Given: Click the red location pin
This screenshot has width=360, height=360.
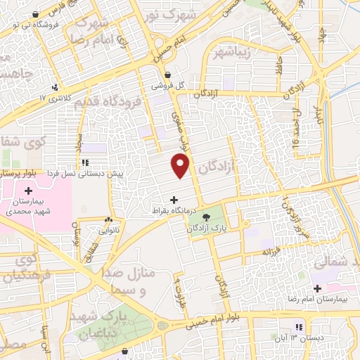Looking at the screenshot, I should pos(181,167).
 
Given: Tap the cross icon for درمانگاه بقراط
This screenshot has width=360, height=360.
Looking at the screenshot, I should pos(174,200).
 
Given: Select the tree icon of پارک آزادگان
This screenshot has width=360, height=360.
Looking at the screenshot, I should pos(206,217).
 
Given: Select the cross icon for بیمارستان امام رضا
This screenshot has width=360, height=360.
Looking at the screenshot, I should pos(317,288).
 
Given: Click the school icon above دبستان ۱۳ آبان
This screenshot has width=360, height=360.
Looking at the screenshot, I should pos(298,327).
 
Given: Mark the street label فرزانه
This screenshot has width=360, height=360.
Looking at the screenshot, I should pos(272,250).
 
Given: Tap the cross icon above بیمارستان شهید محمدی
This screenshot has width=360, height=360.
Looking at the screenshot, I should pos(28,191).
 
